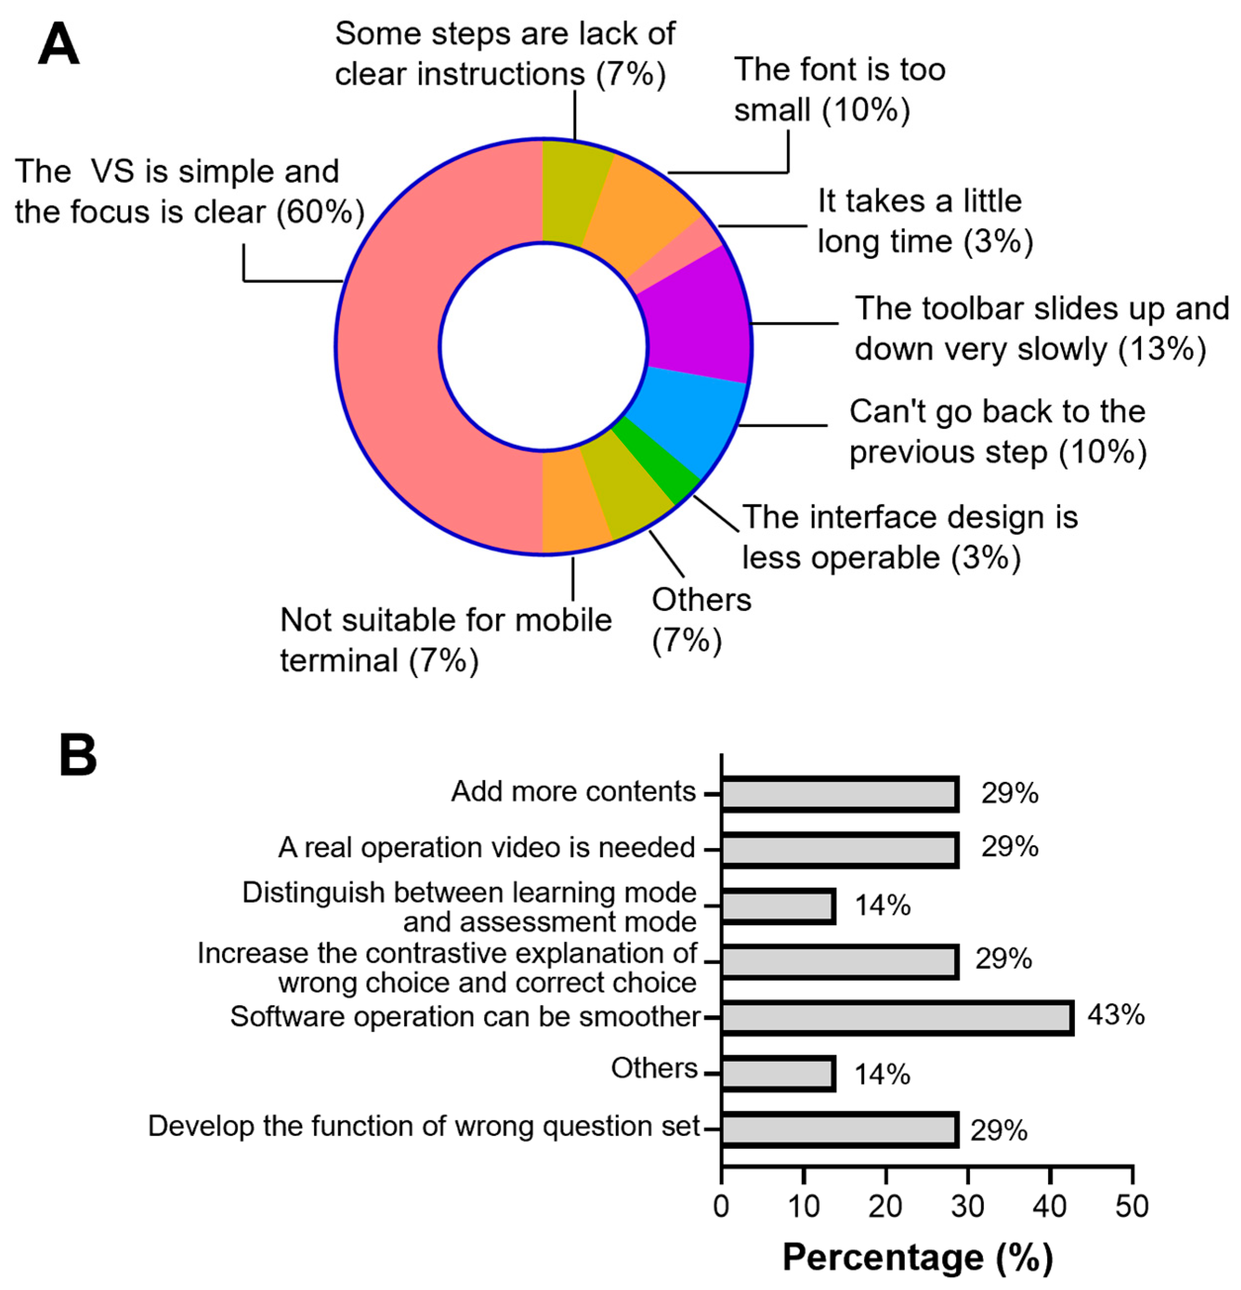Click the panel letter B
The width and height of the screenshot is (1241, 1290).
78,756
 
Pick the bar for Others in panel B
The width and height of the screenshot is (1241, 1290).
778,1074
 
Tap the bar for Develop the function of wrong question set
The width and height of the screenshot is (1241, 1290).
840,1129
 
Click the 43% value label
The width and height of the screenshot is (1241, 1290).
1116,1015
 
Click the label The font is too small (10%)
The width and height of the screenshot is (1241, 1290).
840,89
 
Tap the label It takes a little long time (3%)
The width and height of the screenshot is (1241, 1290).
925,221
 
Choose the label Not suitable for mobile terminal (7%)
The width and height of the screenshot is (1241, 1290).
445,640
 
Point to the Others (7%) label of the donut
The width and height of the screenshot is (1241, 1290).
701,619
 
